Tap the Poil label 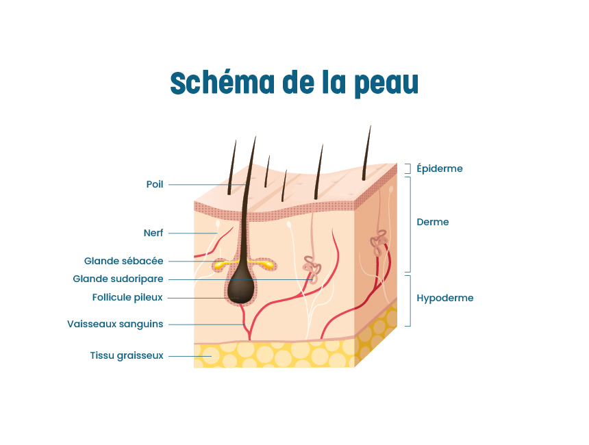[x=155, y=185]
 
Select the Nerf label [x=153, y=233]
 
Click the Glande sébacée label [x=123, y=261]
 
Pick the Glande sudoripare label [x=118, y=279]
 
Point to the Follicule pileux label [x=127, y=298]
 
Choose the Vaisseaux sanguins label [x=115, y=324]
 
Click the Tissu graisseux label [x=126, y=355]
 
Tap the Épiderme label [x=440, y=168]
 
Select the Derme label [x=433, y=222]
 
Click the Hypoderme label [x=445, y=298]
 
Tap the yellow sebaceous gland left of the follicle [x=221, y=264]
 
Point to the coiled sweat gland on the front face [x=312, y=269]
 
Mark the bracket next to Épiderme [x=408, y=168]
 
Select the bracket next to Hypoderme [x=408, y=300]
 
